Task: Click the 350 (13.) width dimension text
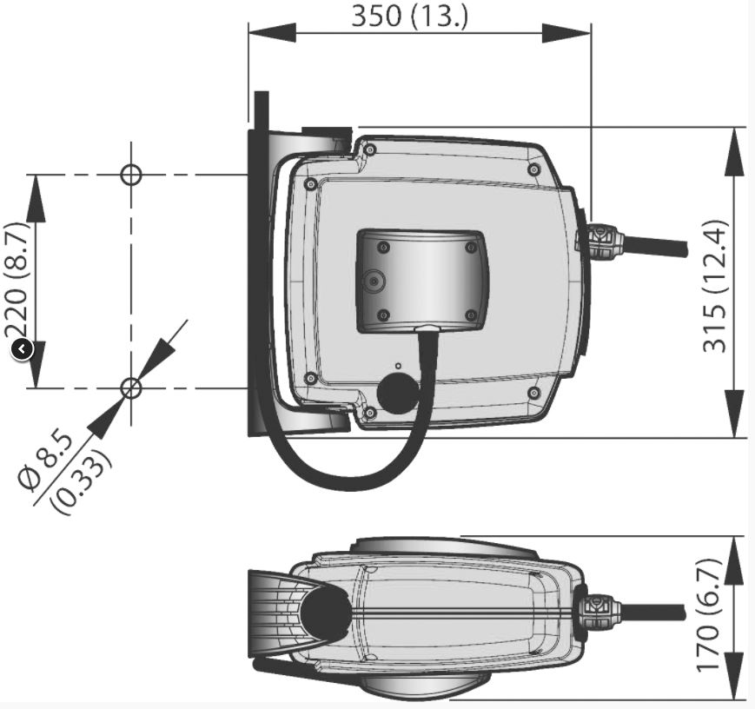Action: click(410, 16)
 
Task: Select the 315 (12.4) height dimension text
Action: click(714, 286)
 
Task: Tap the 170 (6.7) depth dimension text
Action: click(709, 614)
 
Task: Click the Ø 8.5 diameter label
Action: click(46, 461)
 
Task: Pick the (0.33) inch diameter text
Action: click(83, 481)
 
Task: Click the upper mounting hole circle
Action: click(131, 175)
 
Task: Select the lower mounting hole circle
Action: click(130, 388)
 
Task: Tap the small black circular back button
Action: click(22, 349)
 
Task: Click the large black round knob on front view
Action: click(398, 393)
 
